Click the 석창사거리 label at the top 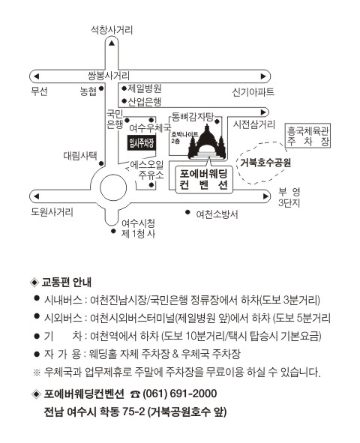112,30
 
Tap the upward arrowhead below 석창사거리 112,43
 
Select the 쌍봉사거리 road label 109,76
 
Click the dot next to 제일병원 124,88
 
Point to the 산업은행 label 145,101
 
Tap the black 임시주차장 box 142,143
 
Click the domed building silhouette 207,142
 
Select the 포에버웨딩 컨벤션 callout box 204,179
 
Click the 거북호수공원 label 265,163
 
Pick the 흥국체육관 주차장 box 307,136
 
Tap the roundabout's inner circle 113,188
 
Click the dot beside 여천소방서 187,212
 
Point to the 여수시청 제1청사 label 139,229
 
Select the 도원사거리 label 52,212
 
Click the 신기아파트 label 253,92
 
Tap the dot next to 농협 101,88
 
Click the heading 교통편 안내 67,283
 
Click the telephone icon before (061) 135,394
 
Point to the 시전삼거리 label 253,124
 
